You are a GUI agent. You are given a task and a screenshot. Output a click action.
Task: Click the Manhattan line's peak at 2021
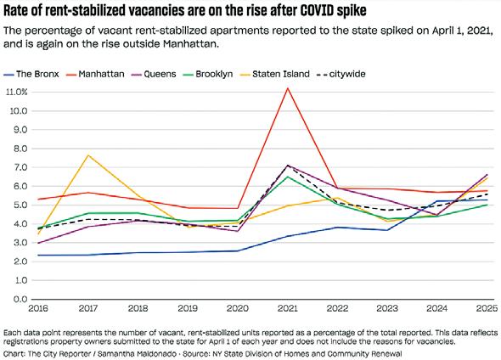tap(288, 88)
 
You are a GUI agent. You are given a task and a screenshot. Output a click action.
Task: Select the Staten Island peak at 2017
tap(88, 155)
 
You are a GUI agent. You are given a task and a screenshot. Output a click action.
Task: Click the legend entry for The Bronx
tap(31, 74)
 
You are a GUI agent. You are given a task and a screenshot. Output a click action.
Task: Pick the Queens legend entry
tap(154, 74)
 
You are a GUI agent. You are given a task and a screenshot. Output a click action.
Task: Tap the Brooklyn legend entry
tap(208, 74)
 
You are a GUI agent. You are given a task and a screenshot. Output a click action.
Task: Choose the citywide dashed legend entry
tap(341, 74)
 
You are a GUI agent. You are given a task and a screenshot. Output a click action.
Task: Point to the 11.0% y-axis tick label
tap(17, 92)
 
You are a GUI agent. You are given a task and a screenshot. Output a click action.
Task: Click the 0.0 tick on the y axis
tap(20, 300)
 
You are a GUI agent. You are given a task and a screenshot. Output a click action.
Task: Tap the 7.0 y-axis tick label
tap(20, 167)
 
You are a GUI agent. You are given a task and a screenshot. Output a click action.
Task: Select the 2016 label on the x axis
tap(38, 308)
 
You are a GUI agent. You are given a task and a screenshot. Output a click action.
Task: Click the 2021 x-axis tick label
tap(288, 308)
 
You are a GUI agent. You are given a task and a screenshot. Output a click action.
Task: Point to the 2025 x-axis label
tap(487, 308)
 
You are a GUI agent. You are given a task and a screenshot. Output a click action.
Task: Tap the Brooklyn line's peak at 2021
tap(288, 177)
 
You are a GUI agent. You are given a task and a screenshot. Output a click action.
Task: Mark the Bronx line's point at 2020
tap(238, 250)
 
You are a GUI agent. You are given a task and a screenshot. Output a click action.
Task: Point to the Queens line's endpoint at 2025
tap(487, 175)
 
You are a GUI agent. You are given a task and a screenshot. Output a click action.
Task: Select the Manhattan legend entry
tap(95, 74)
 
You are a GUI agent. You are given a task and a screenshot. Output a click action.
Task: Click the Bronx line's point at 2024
tap(437, 201)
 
